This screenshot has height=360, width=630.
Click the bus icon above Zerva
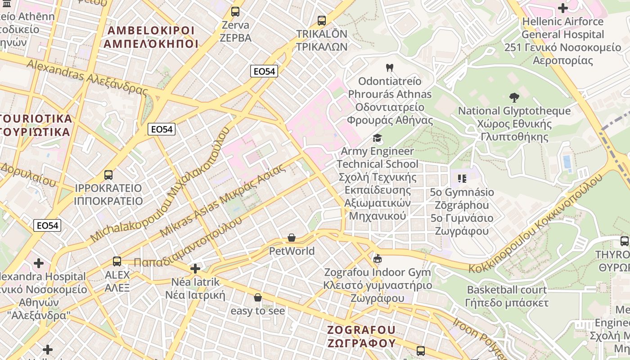235,12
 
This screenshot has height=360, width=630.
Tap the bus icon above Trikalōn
321,21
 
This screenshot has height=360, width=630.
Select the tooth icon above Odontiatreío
390,68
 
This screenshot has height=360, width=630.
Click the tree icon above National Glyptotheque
514,98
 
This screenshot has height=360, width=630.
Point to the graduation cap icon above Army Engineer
377,138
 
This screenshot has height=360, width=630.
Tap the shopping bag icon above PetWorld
292,238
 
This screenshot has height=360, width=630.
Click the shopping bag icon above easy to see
258,297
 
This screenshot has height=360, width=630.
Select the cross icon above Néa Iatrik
195,269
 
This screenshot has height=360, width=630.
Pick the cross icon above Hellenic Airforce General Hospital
562,8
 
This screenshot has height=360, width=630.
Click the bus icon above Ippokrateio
108,175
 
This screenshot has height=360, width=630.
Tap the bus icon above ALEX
117,261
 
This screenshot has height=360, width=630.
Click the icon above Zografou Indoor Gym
378,259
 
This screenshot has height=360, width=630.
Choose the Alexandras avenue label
87,77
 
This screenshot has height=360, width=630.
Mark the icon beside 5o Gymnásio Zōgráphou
462,179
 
